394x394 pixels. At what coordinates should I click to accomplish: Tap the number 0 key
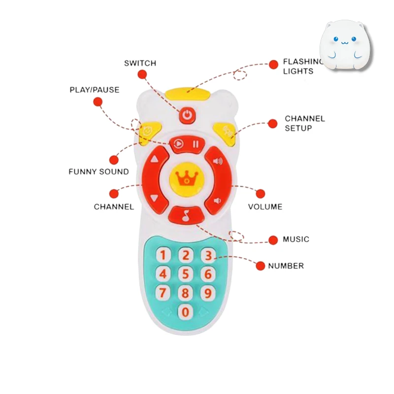[186, 312]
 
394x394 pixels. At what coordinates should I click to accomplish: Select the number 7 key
[163, 293]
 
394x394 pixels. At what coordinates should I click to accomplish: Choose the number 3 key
[208, 255]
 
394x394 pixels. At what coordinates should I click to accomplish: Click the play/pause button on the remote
[187, 144]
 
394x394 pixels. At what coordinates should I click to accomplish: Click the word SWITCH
[140, 63]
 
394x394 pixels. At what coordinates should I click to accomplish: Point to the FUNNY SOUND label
[99, 171]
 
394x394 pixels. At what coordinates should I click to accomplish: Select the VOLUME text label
[265, 206]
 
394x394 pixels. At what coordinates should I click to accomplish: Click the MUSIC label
[296, 239]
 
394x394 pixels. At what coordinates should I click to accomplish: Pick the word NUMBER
[286, 265]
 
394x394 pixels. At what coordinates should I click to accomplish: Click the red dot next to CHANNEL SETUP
[273, 124]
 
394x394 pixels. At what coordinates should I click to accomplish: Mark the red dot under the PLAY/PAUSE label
[98, 102]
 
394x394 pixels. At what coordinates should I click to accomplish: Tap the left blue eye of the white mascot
[336, 39]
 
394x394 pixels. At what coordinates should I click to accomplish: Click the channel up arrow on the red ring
[154, 159]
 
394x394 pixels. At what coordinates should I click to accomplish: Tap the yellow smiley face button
[149, 133]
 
